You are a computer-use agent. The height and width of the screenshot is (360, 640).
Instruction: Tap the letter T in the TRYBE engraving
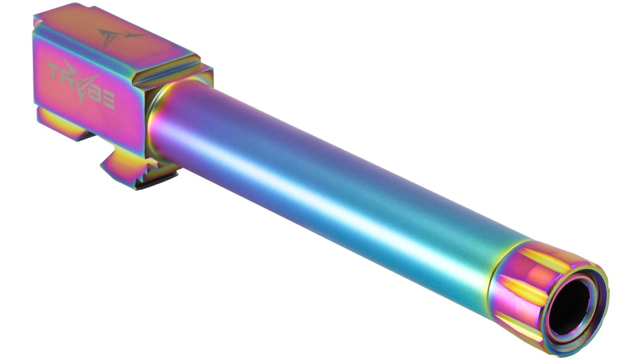tap(56, 71)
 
